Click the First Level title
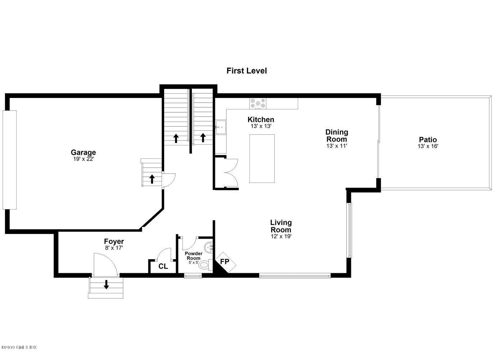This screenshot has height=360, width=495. [247, 71]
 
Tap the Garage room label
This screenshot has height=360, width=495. [83, 152]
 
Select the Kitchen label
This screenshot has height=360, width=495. [261, 120]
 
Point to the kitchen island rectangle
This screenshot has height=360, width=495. [262, 158]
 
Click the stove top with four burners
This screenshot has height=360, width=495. [258, 103]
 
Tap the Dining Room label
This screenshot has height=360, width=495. [337, 136]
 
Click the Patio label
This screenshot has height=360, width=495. [428, 140]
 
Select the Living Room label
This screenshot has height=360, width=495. [281, 226]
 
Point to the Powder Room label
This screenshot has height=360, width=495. [193, 256]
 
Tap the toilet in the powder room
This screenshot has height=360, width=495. [205, 266]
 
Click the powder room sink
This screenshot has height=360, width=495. [208, 248]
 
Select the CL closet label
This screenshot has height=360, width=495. [163, 266]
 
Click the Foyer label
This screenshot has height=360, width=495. [114, 242]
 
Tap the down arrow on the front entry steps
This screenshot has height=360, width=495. [106, 285]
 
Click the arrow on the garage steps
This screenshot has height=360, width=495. [152, 179]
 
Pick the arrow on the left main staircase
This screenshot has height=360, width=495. [176, 138]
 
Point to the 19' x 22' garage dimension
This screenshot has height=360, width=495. [83, 159]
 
